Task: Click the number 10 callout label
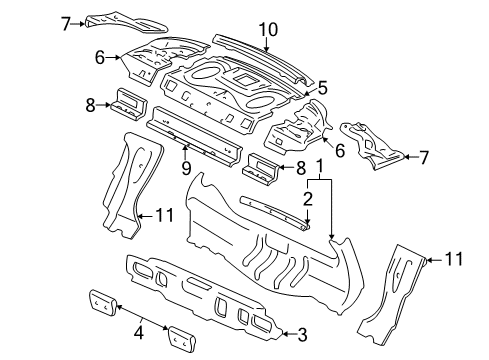pyautogui.click(x=267, y=29)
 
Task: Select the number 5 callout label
pyautogui.click(x=323, y=88)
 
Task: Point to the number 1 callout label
pyautogui.click(x=319, y=165)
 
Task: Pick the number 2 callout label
pyautogui.click(x=309, y=198)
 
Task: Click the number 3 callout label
pyautogui.click(x=303, y=334)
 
